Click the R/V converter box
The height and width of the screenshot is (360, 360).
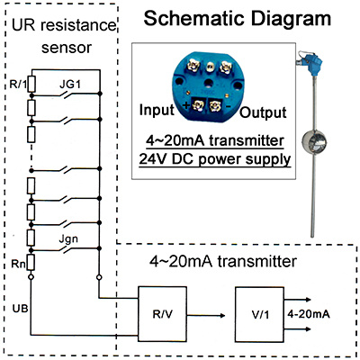coord(163,314)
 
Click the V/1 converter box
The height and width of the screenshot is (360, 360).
coord(259,314)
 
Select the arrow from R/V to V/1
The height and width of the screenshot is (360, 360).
coord(206,315)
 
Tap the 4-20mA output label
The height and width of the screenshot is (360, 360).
coord(309,314)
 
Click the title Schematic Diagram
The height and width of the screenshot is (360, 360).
coord(238,18)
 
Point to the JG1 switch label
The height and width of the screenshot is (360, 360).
coord(70,85)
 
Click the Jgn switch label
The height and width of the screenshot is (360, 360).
coord(68,240)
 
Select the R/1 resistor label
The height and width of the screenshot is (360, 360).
coord(19,85)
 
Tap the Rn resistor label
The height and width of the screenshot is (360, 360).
coord(19,264)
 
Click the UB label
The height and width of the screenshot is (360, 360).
coord(20,308)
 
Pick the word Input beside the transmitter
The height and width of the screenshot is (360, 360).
coord(157,110)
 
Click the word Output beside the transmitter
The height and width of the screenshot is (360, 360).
coord(263,112)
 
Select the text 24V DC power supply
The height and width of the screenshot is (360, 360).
coord(215,158)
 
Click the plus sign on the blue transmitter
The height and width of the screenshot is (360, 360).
coord(186,105)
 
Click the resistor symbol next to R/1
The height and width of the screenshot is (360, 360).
coord(31,84)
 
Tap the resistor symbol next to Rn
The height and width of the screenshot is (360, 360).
coord(31,263)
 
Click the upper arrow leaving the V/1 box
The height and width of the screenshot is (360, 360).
coord(297,300)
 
